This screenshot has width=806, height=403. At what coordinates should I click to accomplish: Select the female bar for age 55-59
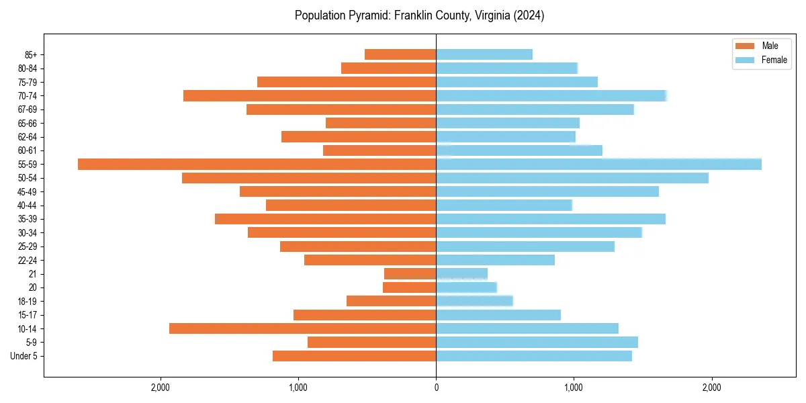(x=598, y=165)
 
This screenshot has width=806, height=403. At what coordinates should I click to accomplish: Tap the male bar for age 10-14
(x=302, y=328)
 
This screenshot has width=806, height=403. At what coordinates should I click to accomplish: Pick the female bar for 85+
(x=484, y=54)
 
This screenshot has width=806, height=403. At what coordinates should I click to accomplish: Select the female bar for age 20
(x=466, y=287)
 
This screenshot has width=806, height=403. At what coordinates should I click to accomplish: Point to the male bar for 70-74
(x=310, y=96)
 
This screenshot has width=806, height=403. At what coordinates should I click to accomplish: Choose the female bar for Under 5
(x=534, y=356)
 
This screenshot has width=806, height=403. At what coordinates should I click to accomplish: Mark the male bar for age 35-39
(x=326, y=219)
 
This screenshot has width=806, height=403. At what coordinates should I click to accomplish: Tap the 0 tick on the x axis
(x=436, y=388)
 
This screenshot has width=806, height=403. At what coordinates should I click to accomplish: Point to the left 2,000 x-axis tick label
(x=160, y=388)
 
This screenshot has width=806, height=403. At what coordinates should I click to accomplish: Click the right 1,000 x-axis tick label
(x=574, y=388)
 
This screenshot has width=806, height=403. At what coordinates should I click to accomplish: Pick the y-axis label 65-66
(x=28, y=124)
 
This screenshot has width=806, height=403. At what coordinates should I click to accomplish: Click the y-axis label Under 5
(x=24, y=356)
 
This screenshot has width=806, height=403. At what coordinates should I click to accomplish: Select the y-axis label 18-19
(x=28, y=302)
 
